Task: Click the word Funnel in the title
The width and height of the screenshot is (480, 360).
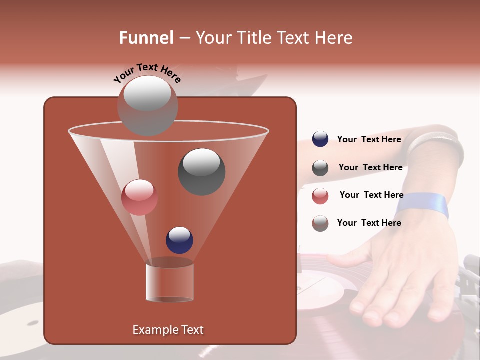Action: coord(146,38)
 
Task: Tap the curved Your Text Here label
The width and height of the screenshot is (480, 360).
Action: coord(147,73)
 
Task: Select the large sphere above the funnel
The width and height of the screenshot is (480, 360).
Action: coord(147,105)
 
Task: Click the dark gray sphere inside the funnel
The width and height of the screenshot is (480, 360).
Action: coord(201,172)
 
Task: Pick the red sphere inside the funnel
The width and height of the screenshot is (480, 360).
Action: coord(139,197)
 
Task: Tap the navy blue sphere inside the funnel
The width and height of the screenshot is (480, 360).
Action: coord(179,240)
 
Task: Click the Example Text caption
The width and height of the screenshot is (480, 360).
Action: coord(168,330)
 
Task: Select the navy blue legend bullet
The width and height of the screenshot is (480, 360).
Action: coord(320,139)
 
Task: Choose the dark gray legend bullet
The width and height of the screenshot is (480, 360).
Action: coord(320,168)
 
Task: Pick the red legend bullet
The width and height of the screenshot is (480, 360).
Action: coord(320,196)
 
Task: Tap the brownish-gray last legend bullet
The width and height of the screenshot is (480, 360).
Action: coord(320,223)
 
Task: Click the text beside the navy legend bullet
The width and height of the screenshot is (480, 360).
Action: coord(369,139)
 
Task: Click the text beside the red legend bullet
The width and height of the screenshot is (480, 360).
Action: coord(371,195)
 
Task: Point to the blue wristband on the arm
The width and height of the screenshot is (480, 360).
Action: coord(423,205)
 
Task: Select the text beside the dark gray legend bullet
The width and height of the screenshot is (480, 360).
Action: coord(370,167)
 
